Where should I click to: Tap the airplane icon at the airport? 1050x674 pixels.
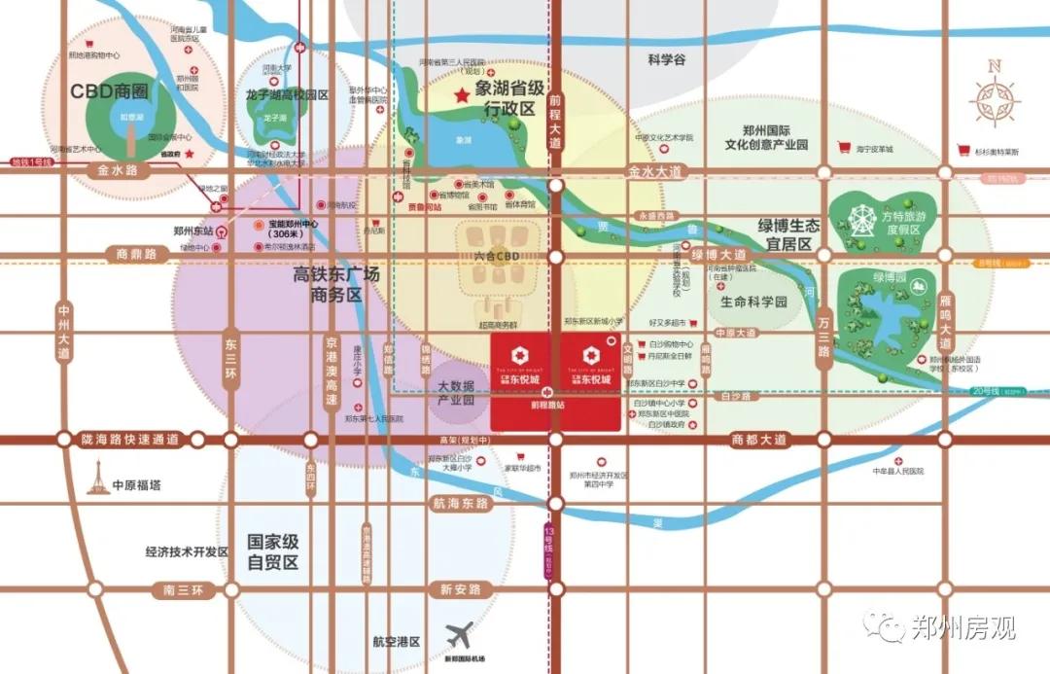tap(461, 636)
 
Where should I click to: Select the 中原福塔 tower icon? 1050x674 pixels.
tap(97, 478)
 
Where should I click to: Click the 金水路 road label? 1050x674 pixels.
tap(118, 169)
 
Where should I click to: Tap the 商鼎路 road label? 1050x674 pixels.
tap(136, 255)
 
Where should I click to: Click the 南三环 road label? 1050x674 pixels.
tap(183, 590)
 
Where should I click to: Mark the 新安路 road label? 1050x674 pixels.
tap(461, 589)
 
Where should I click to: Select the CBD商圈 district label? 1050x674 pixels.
tap(109, 91)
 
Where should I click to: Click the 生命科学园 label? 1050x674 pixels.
tap(753, 302)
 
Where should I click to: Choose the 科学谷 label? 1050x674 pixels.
tap(667, 60)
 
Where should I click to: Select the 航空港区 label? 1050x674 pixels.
tap(396, 642)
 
